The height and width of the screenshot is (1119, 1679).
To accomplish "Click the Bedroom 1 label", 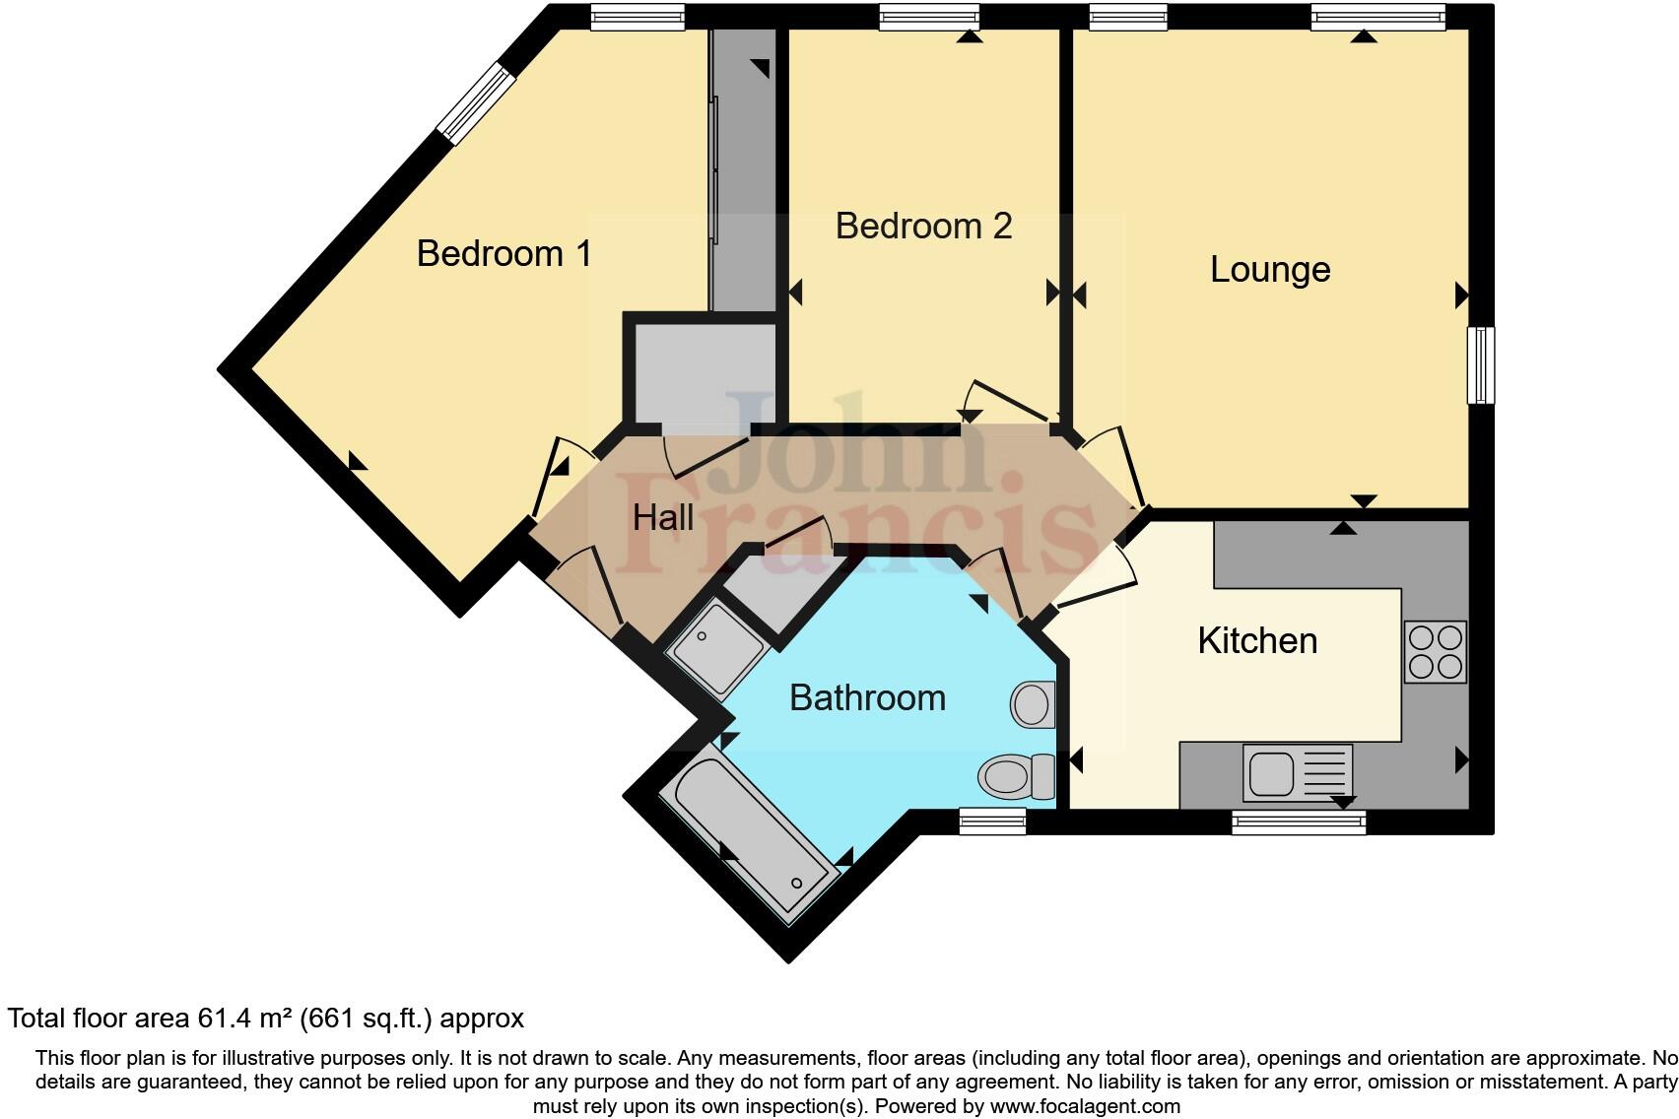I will coord(504,254).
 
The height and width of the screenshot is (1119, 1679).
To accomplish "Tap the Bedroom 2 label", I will coord(923,227).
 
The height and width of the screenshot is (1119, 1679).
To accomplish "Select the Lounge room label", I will coord(1269,270).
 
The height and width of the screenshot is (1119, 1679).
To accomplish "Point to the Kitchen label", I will coord(1256,641).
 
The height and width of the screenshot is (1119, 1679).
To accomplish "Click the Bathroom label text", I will coord(867,698).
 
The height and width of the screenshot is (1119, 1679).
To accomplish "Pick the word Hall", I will coord(662,518).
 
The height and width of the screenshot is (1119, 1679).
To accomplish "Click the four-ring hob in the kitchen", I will coord(1435,652).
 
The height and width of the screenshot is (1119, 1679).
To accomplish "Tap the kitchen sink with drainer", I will coord(1297,772).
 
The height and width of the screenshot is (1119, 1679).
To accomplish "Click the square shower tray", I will coord(716,647).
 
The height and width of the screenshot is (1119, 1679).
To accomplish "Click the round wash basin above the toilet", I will coord(1033,704).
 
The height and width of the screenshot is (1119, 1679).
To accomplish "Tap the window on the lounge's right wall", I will coord(1480,365).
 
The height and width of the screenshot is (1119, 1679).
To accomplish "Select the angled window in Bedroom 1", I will coord(477,103).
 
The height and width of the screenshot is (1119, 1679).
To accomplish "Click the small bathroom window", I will coord(992,822).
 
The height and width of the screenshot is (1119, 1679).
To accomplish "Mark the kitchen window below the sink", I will coord(1299,822).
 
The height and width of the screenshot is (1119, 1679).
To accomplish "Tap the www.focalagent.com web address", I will coord(1084,1106).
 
